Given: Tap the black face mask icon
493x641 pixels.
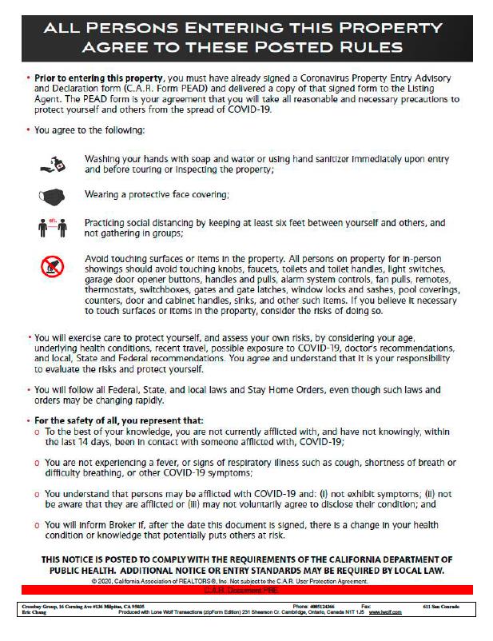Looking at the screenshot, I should point(50,195).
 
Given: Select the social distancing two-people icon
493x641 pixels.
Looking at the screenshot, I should point(50,229).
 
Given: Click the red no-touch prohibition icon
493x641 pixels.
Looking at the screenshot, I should point(50,266).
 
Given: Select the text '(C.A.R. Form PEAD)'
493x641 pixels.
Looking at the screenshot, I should point(154,90).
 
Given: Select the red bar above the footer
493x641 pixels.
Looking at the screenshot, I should point(246,589).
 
